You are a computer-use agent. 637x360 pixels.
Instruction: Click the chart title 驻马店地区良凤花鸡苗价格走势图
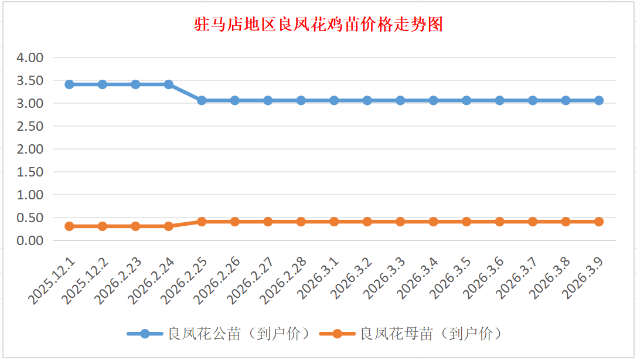pos(318,25)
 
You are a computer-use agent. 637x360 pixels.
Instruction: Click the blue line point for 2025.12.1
pos(69,84)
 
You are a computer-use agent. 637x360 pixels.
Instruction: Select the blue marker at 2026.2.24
pos(169,84)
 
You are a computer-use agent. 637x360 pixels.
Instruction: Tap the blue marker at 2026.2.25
pos(202,100)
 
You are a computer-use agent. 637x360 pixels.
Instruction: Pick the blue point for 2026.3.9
pos(599,100)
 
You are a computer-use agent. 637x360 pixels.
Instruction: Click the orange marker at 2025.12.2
pos(103,226)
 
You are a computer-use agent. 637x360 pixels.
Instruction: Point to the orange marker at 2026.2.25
pos(202,222)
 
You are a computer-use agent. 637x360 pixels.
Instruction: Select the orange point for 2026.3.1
pos(334,222)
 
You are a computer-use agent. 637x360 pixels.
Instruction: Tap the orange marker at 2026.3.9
pos(599,222)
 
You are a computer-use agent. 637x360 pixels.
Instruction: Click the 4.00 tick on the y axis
pos(32,58)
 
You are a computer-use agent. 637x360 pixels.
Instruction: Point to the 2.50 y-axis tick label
pos(32,126)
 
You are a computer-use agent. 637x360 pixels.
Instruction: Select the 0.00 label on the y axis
pos(32,240)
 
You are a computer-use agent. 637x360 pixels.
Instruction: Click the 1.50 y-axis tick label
pos(32,172)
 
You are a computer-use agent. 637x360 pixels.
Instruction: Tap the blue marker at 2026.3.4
pos(434,100)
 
